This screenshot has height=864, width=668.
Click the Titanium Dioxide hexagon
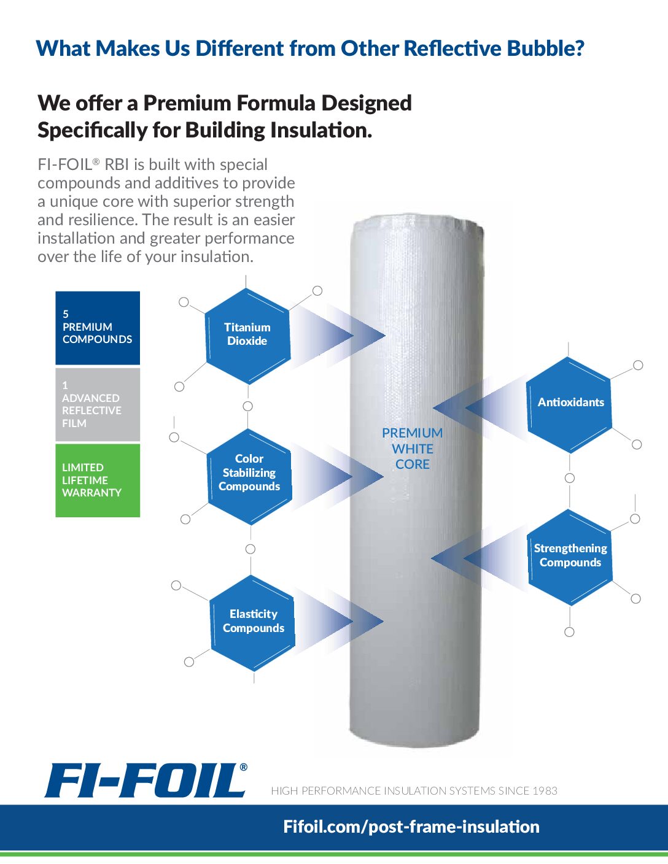tap(247, 334)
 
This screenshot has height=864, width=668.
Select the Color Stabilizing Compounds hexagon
tap(249, 472)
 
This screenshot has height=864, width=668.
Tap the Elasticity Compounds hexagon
tap(253, 621)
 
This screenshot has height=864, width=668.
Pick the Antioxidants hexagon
tap(570, 403)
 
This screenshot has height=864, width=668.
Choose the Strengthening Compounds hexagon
tap(570, 555)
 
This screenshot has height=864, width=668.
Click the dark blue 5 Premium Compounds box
tap(98, 328)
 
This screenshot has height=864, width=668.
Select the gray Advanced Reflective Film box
tap(98, 404)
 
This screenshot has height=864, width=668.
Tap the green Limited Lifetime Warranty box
tap(98, 480)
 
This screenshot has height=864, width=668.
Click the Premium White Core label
tap(412, 449)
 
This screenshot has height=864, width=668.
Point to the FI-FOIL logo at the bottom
tap(146, 780)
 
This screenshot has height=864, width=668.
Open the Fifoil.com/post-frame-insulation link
tap(411, 827)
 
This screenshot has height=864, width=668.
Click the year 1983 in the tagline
tap(545, 791)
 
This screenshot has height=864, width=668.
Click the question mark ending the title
tap(578, 48)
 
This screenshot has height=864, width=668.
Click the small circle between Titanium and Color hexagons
tap(247, 406)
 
